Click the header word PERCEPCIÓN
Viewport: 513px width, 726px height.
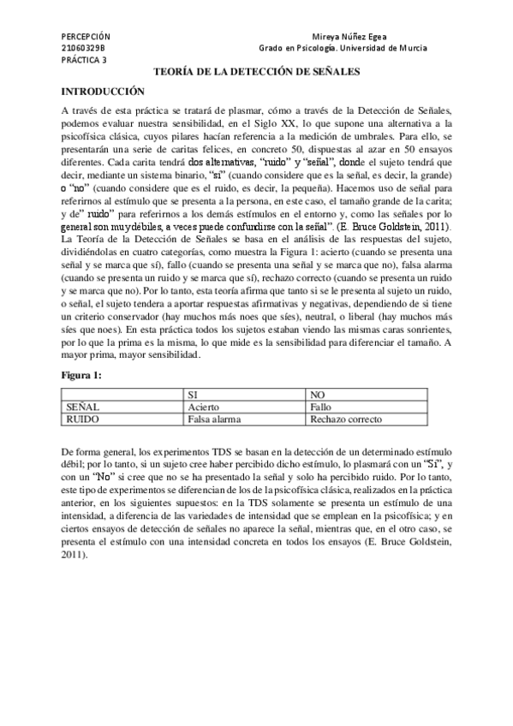point(86,37)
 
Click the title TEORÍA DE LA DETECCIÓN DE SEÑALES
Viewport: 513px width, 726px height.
point(255,74)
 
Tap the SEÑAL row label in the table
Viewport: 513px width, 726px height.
point(83,408)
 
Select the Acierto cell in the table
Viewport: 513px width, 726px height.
point(205,408)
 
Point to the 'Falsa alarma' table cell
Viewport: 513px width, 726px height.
point(214,420)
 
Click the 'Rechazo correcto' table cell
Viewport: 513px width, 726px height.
point(346,420)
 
